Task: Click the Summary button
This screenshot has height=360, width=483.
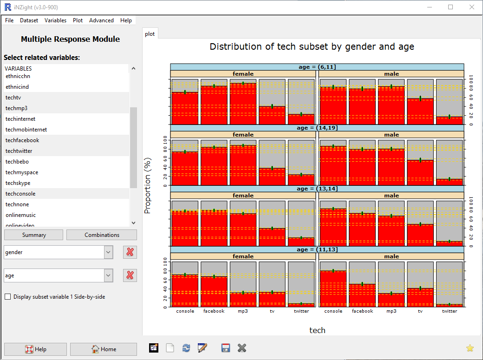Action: [x=34, y=235]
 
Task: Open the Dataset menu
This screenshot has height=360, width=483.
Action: [x=29, y=20]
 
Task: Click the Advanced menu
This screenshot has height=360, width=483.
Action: [x=101, y=20]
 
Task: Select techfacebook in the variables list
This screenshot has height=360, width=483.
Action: [x=22, y=140]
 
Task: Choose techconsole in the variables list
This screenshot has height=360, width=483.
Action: [x=20, y=194]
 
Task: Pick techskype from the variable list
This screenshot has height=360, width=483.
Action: [x=18, y=183]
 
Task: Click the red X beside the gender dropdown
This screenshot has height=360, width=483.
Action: [x=130, y=252]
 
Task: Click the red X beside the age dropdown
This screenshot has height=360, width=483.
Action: [x=130, y=275]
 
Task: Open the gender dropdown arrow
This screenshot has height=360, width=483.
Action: [x=108, y=252]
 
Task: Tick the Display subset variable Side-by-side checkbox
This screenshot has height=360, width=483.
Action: [x=7, y=297]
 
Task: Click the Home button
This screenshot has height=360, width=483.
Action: [x=103, y=349]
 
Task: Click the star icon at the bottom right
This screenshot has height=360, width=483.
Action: [x=470, y=348]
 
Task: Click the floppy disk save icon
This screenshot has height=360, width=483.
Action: [x=226, y=348]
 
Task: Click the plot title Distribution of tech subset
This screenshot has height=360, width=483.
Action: [x=312, y=47]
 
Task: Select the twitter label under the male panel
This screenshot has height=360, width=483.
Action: [x=449, y=311]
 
